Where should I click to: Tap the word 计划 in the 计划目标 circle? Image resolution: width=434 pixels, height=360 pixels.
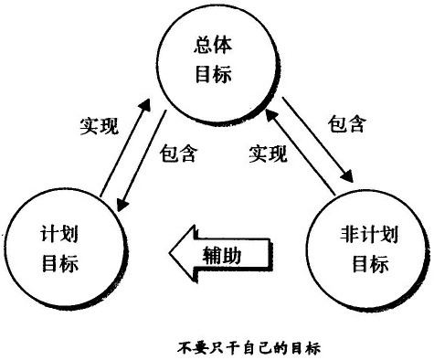click(x=61, y=235)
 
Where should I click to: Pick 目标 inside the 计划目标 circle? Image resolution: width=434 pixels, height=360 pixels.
click(x=61, y=266)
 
